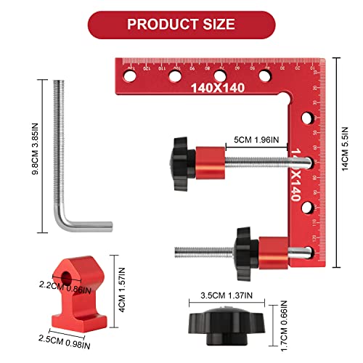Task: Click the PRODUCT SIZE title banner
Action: (x=181, y=23)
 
